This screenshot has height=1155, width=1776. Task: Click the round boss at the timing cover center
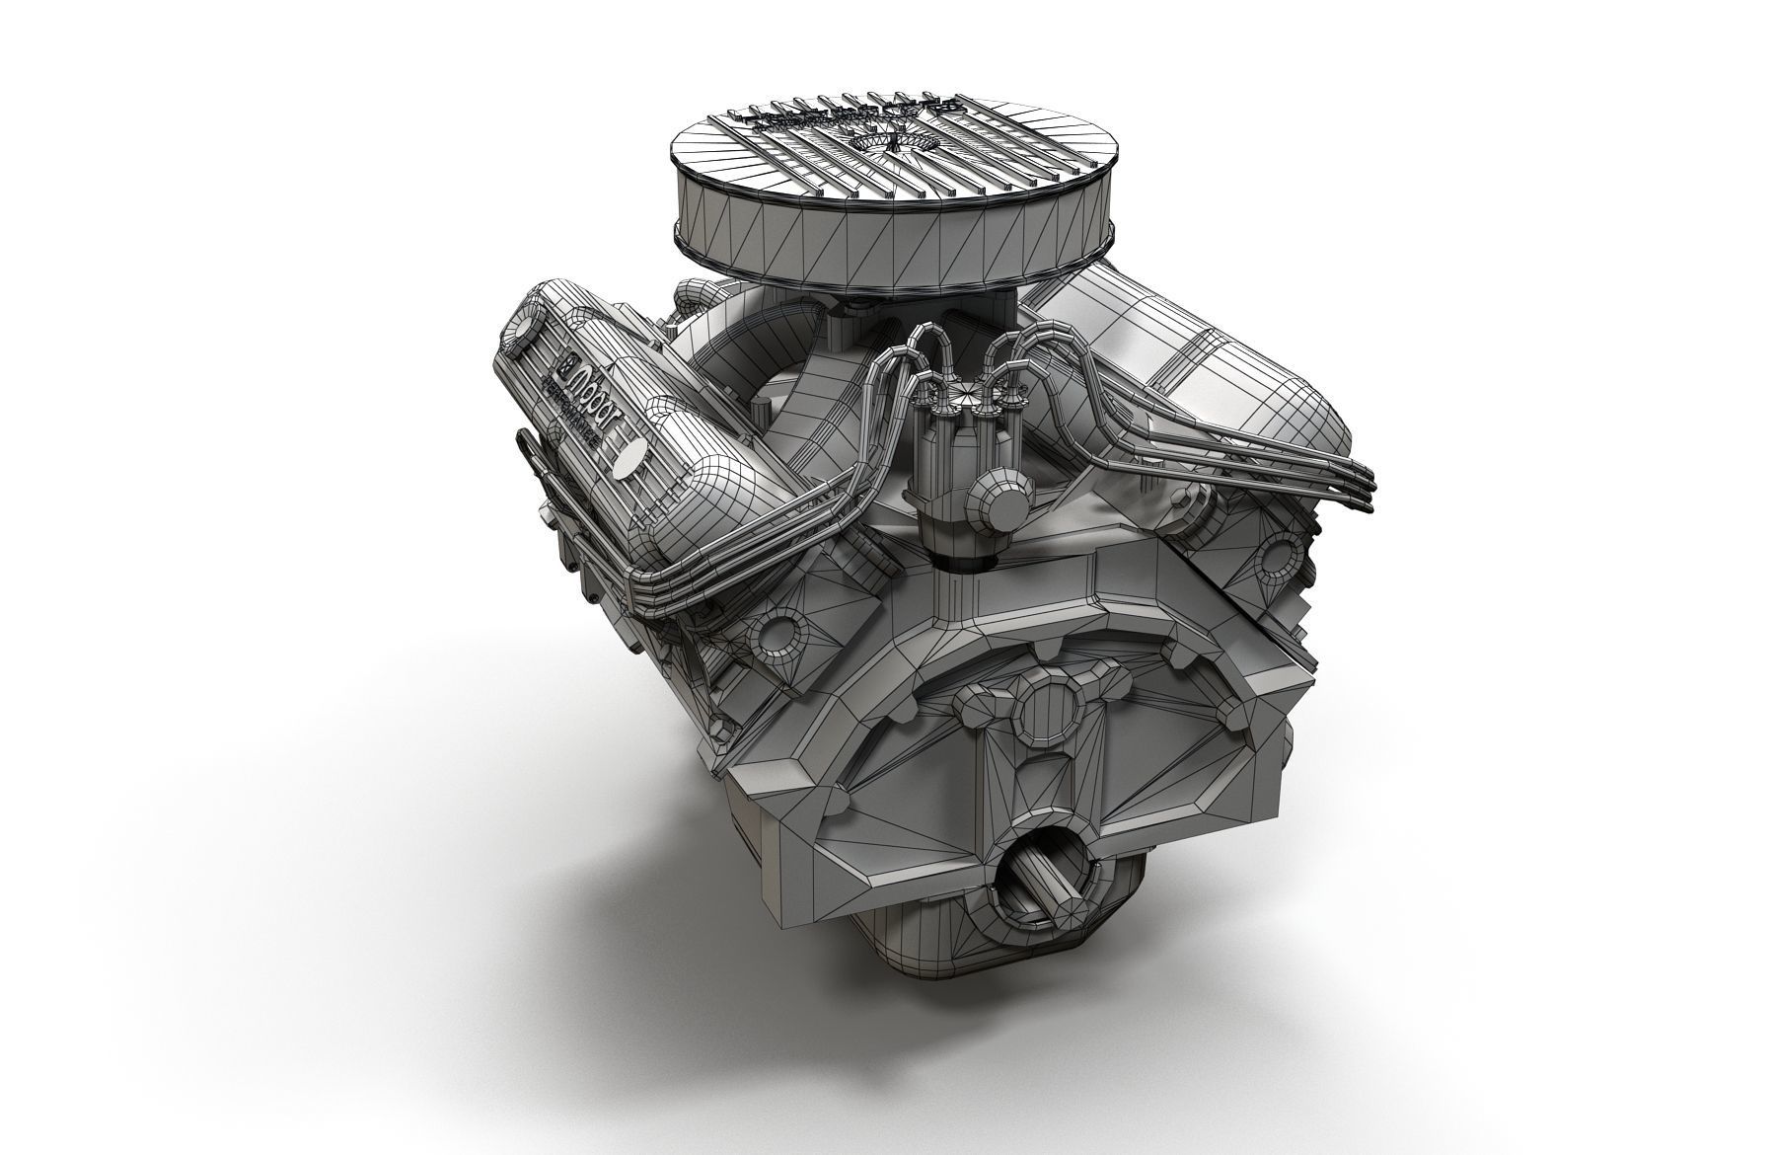coord(1048,709)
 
